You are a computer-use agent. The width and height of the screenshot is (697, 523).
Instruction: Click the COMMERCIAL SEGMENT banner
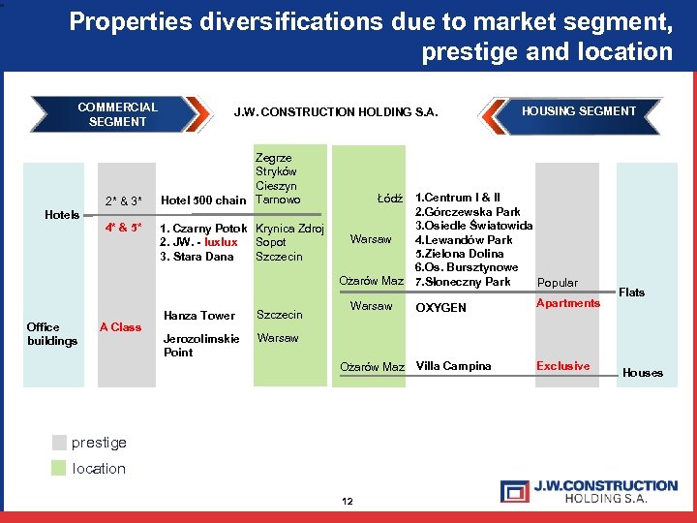[117, 114]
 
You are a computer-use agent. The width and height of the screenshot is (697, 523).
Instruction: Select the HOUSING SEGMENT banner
[579, 111]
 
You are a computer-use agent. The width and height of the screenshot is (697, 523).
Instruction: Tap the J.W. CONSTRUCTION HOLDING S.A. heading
[336, 113]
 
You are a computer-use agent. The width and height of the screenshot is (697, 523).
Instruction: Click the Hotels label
[63, 214]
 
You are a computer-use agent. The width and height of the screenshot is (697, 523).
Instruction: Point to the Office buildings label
[52, 334]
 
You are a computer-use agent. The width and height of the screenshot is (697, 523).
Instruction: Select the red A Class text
[120, 327]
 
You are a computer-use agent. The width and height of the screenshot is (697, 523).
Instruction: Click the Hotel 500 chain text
[203, 200]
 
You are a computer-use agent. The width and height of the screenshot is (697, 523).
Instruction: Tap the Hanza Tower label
[199, 316]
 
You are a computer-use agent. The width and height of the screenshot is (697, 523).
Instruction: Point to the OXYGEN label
[440, 308]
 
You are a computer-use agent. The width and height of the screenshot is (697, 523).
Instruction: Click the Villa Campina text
[453, 366]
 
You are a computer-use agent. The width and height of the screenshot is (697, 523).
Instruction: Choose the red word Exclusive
[562, 366]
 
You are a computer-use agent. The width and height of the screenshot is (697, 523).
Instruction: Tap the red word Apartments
[568, 303]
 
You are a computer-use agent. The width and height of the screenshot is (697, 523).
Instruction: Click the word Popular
[558, 283]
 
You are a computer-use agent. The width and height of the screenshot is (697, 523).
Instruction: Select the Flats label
[631, 292]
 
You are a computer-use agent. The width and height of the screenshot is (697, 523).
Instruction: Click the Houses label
[643, 373]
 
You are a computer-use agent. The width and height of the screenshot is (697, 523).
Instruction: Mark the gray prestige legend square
[60, 443]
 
